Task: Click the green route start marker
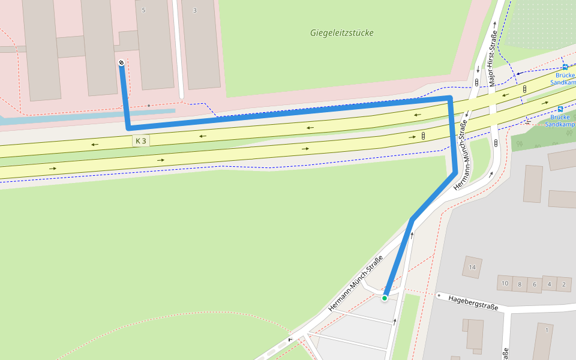point(385,297)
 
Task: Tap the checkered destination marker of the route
point(122,63)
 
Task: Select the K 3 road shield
point(141,141)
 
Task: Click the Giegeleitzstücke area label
point(341,33)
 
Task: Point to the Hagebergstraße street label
point(473,302)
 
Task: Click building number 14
point(472,267)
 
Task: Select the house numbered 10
point(505,283)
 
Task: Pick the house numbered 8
point(520,283)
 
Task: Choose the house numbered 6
point(534,283)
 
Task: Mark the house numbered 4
point(549,283)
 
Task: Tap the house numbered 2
point(564,283)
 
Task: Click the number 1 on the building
point(547,330)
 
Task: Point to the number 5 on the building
point(143,10)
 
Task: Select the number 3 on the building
point(194,10)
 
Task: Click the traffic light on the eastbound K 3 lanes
point(424,136)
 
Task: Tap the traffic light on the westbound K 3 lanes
point(524,89)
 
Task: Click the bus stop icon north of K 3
point(565,67)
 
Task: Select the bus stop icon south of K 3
point(560,109)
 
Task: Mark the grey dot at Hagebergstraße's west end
point(439,295)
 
